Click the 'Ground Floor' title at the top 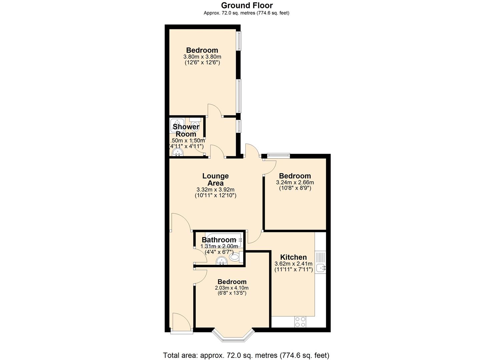pos(247,5)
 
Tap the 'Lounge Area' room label pos(215,179)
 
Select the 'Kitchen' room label pos(293,257)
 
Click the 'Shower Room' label pos(186,130)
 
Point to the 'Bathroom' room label pos(219,240)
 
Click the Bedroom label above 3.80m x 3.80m pos(202,50)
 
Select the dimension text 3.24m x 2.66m pos(295,183)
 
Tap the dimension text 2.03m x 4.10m pos(232,288)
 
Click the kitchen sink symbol pos(321,267)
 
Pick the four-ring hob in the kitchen pos(300,322)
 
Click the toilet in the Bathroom pos(235,257)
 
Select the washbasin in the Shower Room pos(178,153)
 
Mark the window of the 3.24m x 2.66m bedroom pos(278,155)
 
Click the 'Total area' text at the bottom pos(246,355)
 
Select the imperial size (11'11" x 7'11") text pos(293,270)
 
